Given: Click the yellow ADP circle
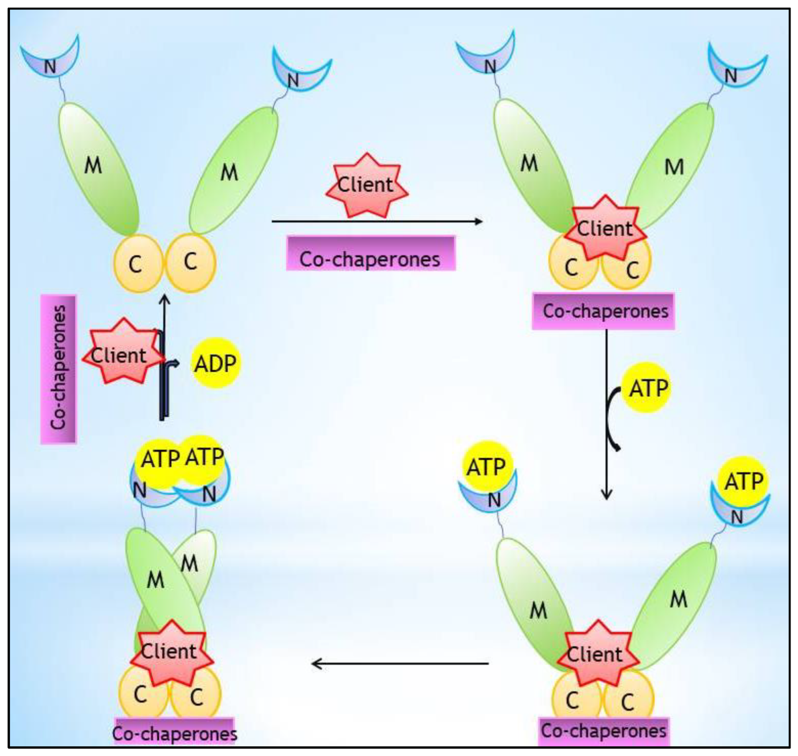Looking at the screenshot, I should pos(216,363).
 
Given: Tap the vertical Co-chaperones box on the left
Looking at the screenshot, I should pos(58,369).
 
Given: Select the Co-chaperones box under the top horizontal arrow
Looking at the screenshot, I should pos(370,254).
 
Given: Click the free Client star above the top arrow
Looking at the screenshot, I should pos(366,185).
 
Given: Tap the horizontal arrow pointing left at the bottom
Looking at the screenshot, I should pos(400,663).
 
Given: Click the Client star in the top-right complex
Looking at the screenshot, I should pos(605,229).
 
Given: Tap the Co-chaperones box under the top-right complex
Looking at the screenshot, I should pos(603,311).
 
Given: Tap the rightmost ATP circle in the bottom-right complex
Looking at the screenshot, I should pos(743,481).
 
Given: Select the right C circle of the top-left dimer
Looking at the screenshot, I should pos(191,263).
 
